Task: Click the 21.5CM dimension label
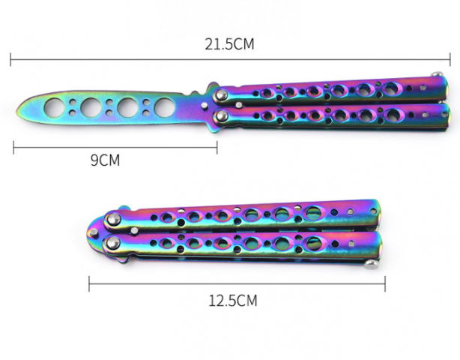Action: pos(229,45)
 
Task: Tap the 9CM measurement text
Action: pos(106,160)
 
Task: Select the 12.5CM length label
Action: pos(233,301)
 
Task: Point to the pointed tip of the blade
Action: pos(16,112)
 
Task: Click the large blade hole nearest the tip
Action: pos(55,107)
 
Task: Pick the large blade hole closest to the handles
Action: pos(164,107)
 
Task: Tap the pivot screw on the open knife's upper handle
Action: pos(222,94)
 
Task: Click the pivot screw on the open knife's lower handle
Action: pos(222,116)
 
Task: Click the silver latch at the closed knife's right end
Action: pos(371,265)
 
